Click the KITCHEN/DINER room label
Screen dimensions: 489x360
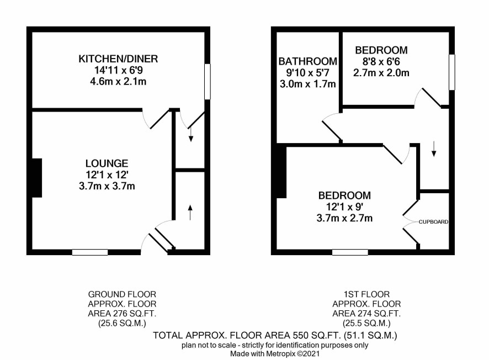pos(118,59)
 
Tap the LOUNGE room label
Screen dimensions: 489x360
pos(107,163)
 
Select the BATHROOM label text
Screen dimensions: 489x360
pos(308,61)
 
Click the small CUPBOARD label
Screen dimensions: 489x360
pos(433,222)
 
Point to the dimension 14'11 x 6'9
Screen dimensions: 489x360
pos(119,70)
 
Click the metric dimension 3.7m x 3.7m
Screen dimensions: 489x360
pos(107,186)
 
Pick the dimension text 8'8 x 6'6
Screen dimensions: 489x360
pos(381,61)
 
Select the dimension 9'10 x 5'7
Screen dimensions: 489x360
pos(308,73)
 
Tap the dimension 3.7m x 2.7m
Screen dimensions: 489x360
pos(344,218)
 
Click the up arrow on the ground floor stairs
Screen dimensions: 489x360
pos(190,213)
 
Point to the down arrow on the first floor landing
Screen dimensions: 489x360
pos(433,149)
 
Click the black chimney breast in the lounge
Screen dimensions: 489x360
pos(37,178)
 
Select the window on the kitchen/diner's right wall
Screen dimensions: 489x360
pos(208,82)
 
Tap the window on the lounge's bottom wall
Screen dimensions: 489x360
pos(90,252)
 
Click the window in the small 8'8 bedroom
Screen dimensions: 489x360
pos(452,72)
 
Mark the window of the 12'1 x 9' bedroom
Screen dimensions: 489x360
pos(350,252)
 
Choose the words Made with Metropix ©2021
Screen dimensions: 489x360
pos(275,354)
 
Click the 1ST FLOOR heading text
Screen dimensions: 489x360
pos(366,294)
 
